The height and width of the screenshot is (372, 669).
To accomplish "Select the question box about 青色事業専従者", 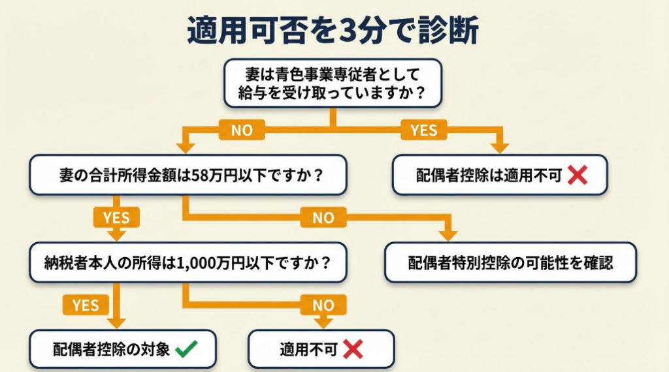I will [333, 83].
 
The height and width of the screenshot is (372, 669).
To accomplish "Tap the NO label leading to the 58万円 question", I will [241, 130].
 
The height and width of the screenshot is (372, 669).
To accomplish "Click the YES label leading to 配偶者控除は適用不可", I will [423, 130].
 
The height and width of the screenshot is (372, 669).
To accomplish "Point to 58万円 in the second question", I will [209, 176].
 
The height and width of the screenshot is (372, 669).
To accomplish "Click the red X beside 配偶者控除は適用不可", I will [577, 174].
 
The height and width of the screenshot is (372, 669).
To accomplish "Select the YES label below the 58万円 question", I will [117, 217].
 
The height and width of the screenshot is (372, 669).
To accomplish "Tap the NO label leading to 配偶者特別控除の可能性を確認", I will [323, 217].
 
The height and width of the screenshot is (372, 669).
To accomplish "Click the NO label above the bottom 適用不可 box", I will [323, 304].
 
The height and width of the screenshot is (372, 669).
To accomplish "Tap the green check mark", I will [186, 349].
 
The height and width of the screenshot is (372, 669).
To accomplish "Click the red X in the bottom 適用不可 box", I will [352, 349].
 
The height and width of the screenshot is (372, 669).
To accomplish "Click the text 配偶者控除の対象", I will [111, 349].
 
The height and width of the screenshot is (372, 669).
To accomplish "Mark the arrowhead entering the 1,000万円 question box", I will [117, 235].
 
